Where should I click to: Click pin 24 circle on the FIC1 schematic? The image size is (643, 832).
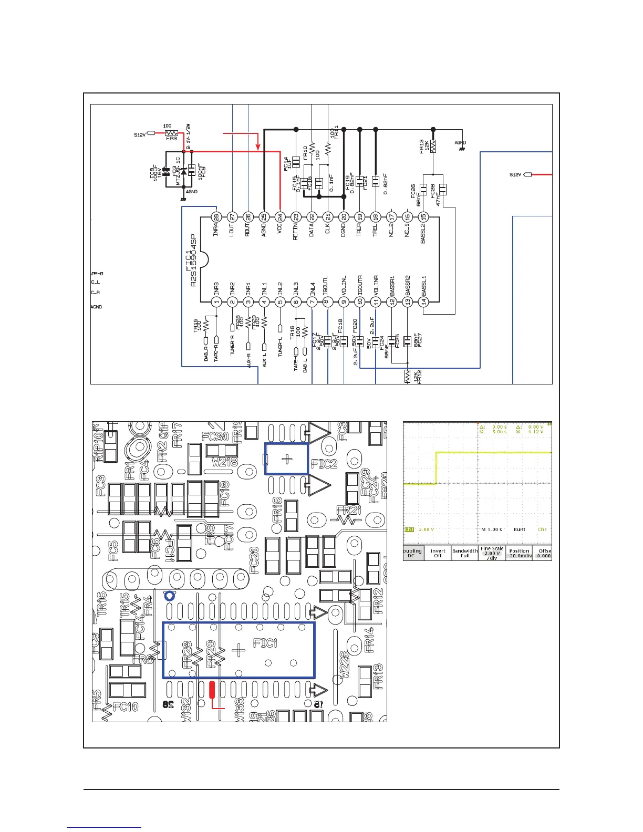tap(280, 216)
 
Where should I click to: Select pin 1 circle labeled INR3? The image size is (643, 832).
tap(215, 301)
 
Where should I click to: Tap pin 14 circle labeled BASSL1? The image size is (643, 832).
tap(424, 301)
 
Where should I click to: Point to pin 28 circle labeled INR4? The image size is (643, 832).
tap(215, 216)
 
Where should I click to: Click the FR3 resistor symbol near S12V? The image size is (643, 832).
tap(171, 133)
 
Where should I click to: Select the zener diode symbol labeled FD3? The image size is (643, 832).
tap(183, 171)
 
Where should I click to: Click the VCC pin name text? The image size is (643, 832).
tap(280, 230)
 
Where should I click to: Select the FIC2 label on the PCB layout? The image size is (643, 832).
tap(324, 463)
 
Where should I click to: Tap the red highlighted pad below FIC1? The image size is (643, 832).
tap(212, 689)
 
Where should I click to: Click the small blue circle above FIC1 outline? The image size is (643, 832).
tap(169, 596)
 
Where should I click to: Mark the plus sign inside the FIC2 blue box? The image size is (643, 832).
tap(287, 459)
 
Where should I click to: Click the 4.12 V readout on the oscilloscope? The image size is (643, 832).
tap(535, 432)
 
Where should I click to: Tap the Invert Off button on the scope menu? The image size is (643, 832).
tap(438, 554)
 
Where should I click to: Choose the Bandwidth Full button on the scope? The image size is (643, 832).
tap(465, 554)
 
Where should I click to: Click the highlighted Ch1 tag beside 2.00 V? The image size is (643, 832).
tap(409, 529)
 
